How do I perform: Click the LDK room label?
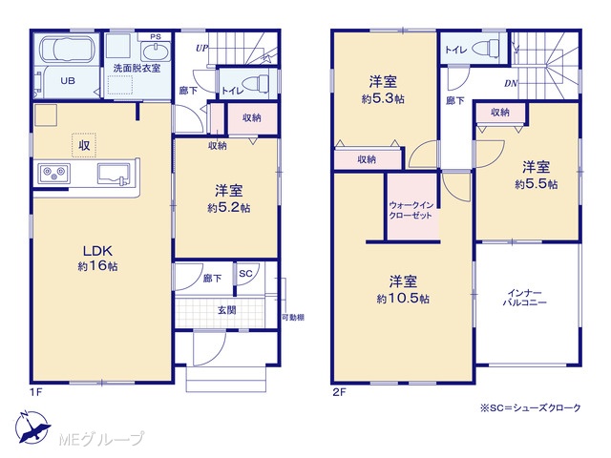[97, 250]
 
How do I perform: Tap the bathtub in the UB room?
[68, 50]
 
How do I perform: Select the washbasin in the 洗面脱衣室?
[156, 52]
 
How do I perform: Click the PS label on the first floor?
[155, 37]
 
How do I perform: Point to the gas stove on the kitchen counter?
[54, 173]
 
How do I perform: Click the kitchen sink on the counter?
[114, 174]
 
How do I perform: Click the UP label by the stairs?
[201, 49]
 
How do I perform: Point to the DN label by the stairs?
[511, 83]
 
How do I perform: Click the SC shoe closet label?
[245, 274]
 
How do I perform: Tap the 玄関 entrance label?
[226, 310]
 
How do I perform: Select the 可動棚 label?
[293, 318]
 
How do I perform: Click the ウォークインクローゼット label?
[411, 210]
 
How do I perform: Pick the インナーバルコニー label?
[524, 298]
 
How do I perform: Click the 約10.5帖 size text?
[403, 299]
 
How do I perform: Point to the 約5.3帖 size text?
[383, 98]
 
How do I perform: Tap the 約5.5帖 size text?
[536, 184]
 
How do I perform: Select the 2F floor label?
[339, 392]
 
